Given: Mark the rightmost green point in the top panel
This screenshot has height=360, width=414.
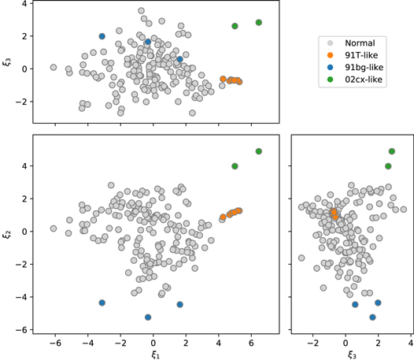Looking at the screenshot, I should (259, 22).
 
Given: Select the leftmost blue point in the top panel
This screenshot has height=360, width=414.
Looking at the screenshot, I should (102, 36).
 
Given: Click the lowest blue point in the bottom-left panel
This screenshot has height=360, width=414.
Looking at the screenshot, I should (148, 317).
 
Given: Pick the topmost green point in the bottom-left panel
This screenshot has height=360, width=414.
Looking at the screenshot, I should (259, 151).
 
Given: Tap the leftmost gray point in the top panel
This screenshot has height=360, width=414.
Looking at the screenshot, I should (54, 68).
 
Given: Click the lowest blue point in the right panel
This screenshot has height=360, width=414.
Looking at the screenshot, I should (372, 317).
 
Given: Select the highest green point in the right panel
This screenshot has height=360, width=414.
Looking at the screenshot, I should (392, 151).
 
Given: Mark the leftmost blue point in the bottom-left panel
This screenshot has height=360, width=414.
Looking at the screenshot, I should (102, 302).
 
